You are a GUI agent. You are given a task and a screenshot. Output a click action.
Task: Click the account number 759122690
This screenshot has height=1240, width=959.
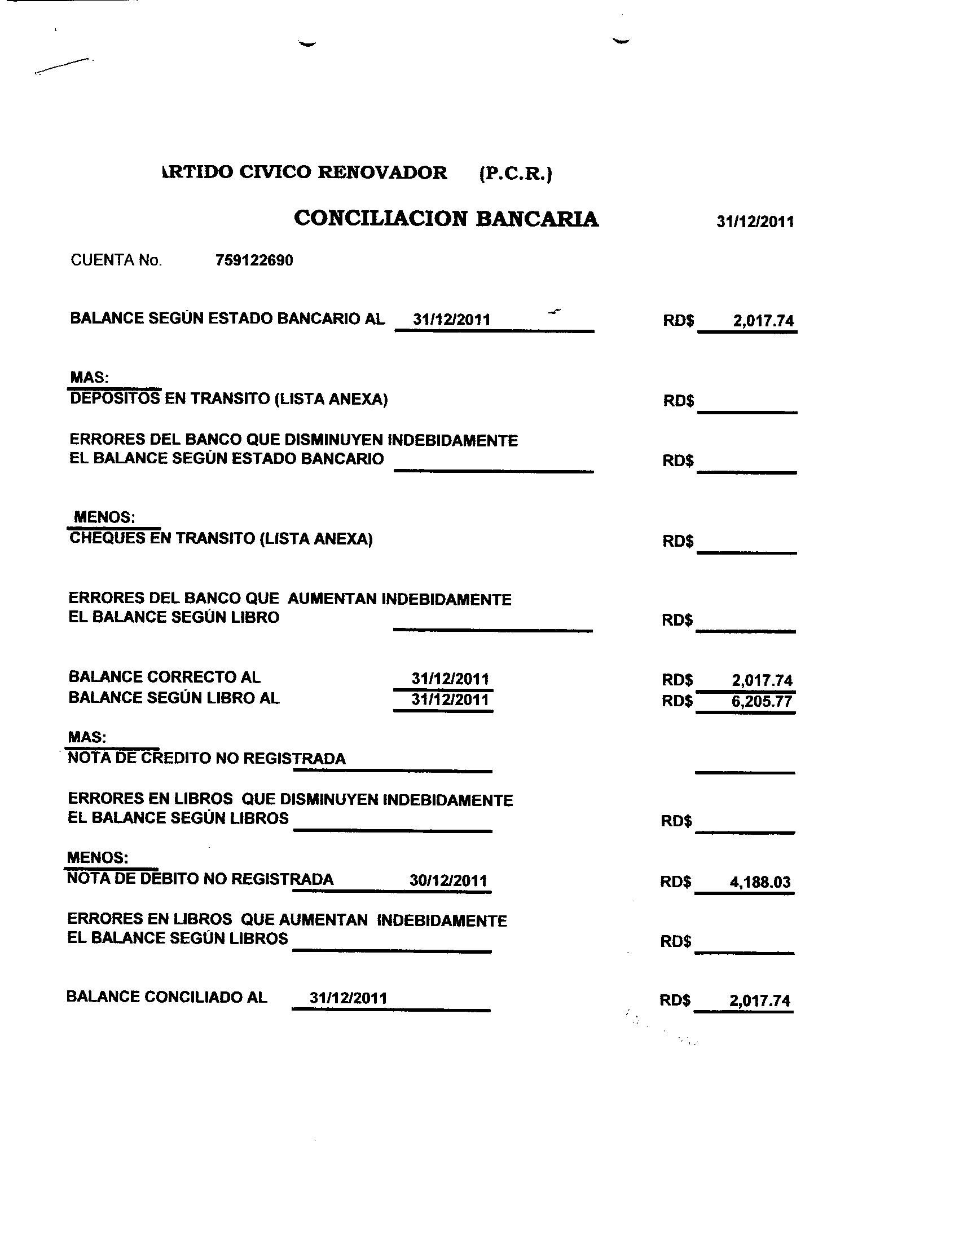pyautogui.click(x=254, y=260)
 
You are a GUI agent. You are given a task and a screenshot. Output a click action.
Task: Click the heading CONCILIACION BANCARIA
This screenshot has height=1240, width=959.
pyautogui.click(x=446, y=219)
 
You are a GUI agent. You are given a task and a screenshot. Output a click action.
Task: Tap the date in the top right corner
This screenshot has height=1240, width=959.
pyautogui.click(x=755, y=222)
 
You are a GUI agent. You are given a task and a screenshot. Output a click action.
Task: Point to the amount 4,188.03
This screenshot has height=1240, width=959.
pyautogui.click(x=760, y=882)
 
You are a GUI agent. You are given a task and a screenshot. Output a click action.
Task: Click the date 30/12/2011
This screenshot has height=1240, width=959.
pyautogui.click(x=448, y=880)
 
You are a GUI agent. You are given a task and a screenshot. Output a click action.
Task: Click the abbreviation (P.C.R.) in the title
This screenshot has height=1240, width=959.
pyautogui.click(x=515, y=173)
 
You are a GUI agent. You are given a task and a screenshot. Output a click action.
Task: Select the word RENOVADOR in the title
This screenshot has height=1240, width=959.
pyautogui.click(x=382, y=172)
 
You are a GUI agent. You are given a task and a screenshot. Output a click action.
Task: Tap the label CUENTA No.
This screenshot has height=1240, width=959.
pyautogui.click(x=116, y=260)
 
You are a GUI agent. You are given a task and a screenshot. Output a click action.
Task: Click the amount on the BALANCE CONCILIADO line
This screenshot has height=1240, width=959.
pyautogui.click(x=760, y=1000)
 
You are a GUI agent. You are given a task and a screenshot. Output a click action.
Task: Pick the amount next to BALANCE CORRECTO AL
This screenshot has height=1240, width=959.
pyautogui.click(x=762, y=680)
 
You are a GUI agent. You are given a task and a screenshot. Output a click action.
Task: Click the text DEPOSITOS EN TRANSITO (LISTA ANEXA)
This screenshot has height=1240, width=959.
pyautogui.click(x=228, y=399)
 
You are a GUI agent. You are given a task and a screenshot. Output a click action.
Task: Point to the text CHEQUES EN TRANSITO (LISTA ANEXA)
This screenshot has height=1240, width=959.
pyautogui.click(x=221, y=539)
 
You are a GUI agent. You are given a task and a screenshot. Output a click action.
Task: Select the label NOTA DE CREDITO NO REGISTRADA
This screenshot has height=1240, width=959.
pyautogui.click(x=206, y=759)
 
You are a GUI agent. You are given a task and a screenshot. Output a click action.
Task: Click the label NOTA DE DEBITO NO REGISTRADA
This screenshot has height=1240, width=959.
pyautogui.click(x=200, y=879)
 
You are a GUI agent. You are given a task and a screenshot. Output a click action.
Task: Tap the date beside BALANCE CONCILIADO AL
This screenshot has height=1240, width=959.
pyautogui.click(x=348, y=998)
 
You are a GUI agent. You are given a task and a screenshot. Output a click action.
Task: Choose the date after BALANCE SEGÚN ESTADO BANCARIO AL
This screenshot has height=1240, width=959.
pyautogui.click(x=452, y=319)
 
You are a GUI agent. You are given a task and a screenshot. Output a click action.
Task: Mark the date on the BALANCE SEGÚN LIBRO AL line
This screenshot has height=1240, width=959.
pyautogui.click(x=450, y=699)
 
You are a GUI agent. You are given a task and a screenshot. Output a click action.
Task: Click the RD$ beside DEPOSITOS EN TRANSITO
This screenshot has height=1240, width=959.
pyautogui.click(x=678, y=401)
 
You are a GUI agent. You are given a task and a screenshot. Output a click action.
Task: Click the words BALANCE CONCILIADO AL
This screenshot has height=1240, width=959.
pyautogui.click(x=166, y=997)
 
